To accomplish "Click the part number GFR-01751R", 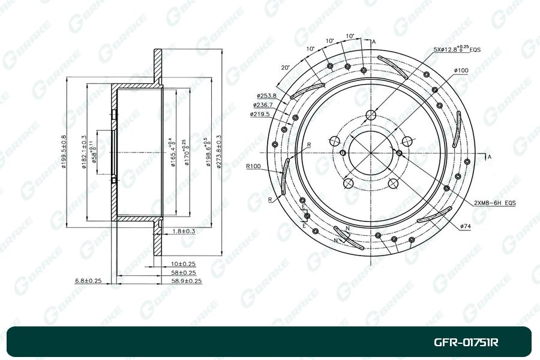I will (x=466, y=343).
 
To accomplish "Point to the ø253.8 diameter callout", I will (x=266, y=95).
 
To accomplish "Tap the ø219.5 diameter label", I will (x=262, y=113).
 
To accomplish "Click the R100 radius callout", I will (x=254, y=166).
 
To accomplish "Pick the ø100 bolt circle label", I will (x=461, y=71).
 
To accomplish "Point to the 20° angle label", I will (x=285, y=68).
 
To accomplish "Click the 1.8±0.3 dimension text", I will (x=183, y=231).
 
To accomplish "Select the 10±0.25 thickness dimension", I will (x=183, y=263).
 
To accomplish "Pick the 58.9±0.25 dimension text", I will (x=187, y=280).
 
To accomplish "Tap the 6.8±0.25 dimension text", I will (x=88, y=280).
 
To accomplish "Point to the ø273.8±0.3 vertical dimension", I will (x=220, y=150).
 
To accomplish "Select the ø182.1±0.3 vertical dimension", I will (x=84, y=152).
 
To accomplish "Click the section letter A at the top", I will (x=373, y=41).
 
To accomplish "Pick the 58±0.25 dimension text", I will (x=183, y=272).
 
